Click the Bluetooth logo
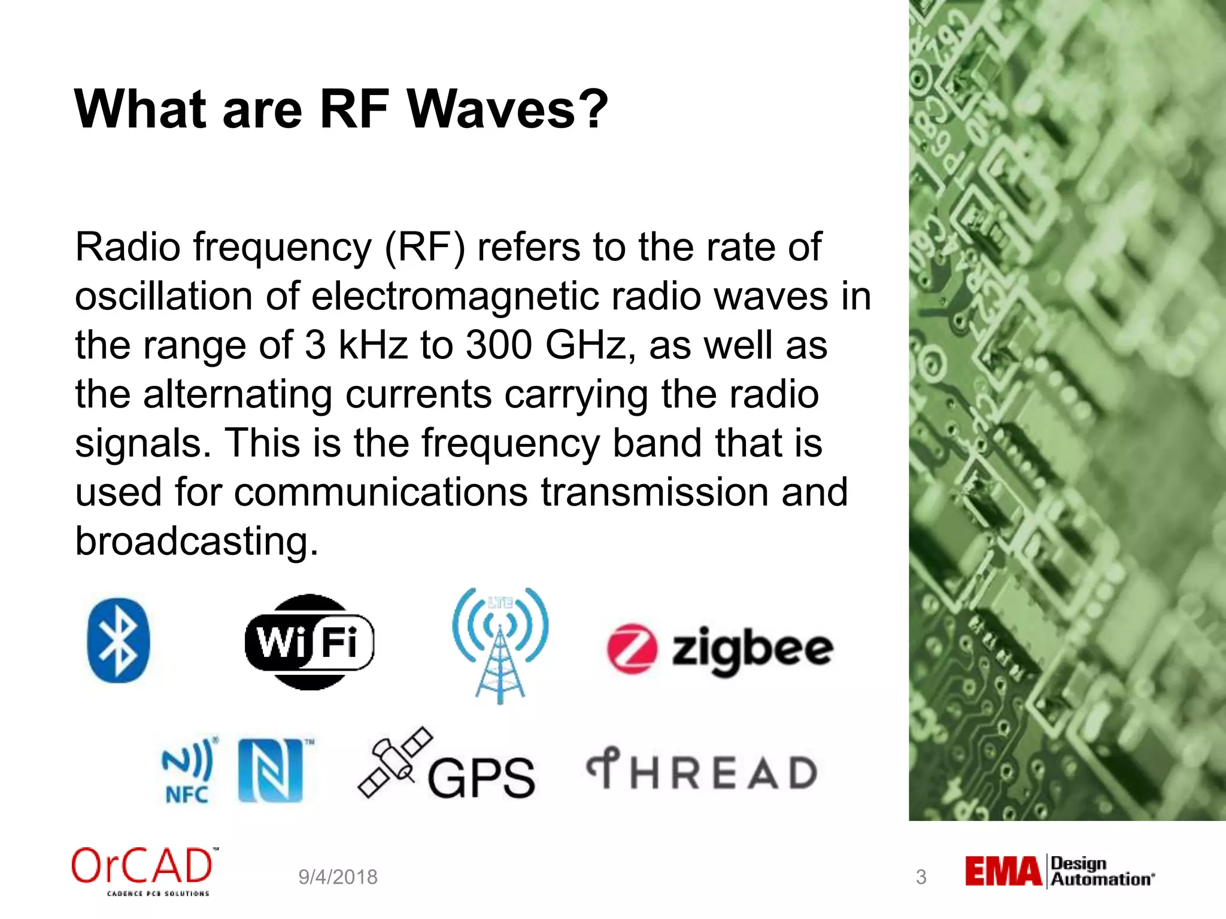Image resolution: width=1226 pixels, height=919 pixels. (118, 640)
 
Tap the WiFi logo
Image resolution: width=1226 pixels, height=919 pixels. (309, 642)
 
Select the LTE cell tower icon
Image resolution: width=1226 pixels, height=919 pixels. (500, 645)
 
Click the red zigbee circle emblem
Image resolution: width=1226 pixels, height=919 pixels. (632, 649)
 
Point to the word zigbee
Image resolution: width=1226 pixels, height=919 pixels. (752, 649)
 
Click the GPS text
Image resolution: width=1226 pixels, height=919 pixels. (481, 778)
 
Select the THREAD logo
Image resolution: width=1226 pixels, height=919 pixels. (702, 771)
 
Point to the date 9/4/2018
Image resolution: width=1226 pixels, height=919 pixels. (338, 877)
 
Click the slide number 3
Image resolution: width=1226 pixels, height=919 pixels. (921, 877)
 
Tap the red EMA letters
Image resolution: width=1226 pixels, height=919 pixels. (1003, 871)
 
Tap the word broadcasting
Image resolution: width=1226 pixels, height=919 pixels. (196, 541)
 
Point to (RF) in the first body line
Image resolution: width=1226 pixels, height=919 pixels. (424, 247)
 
